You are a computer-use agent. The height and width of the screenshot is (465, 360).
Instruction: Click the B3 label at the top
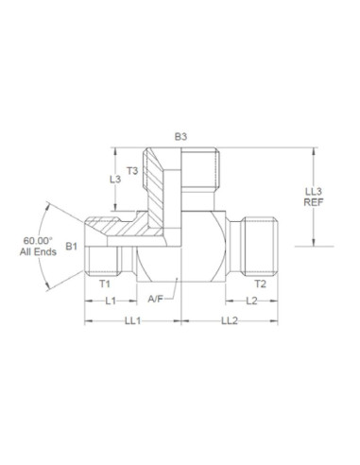[180, 137]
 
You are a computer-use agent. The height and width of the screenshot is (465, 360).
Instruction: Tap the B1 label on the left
[70, 248]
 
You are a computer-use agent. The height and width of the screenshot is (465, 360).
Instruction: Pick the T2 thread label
[259, 283]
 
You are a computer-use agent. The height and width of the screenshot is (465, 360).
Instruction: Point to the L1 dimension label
[109, 301]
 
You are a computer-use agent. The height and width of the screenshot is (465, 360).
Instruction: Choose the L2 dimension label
[250, 301]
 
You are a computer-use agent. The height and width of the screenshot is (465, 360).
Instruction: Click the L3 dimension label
[114, 180]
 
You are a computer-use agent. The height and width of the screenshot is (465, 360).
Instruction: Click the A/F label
[157, 301]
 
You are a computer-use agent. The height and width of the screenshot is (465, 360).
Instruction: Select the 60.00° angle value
[39, 241]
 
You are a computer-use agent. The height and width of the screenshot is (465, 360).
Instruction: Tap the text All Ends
[39, 253]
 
